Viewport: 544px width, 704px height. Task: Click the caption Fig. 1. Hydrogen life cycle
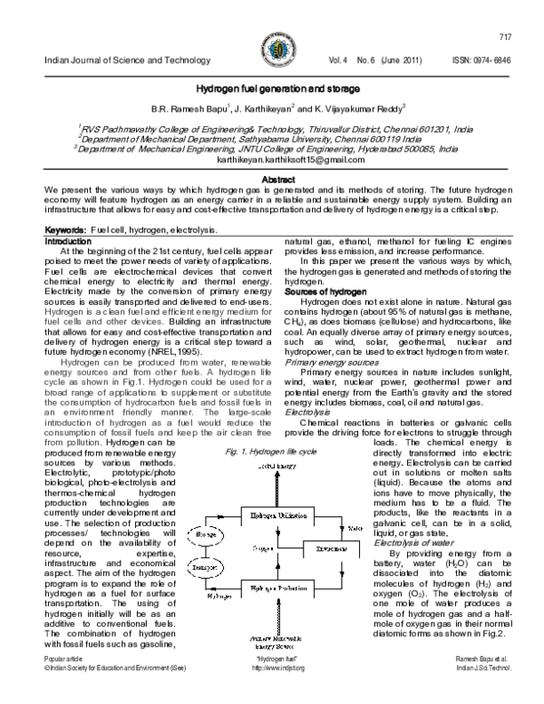coord(272,451)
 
